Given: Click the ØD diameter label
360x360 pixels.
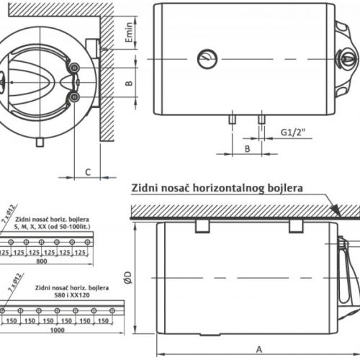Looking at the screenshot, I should [127, 277].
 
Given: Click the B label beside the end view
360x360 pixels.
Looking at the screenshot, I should [128, 83].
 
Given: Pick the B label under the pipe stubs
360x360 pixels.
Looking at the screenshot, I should [247, 148].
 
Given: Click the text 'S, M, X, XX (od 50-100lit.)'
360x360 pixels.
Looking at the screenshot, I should [52, 226].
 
